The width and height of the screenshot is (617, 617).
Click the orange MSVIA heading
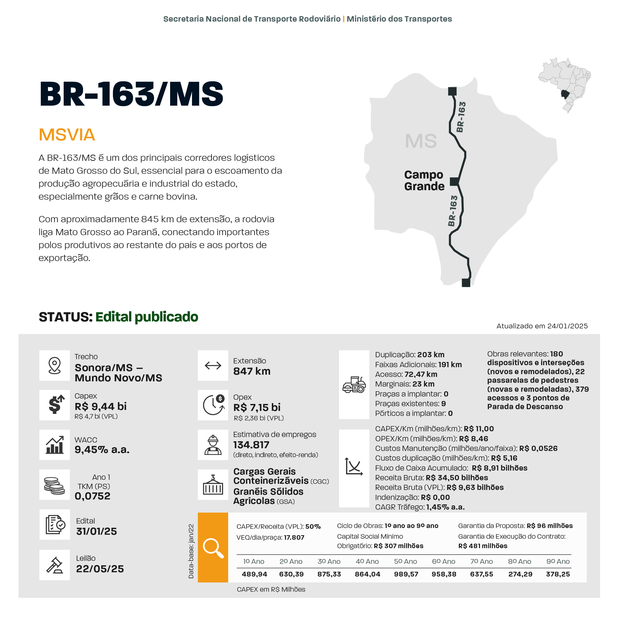coord(67,134)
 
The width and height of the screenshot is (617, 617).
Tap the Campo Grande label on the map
coord(424,180)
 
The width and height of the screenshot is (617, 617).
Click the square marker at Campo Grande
coord(454,181)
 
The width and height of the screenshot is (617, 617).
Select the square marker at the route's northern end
coord(452,91)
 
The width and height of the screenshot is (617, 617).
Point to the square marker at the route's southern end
coord(466,283)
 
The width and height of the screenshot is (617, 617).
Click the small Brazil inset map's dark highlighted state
coord(565,94)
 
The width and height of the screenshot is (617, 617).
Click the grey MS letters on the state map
coord(421,141)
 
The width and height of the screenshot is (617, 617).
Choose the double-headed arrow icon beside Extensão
coord(213,365)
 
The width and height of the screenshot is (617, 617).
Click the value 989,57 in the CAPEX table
coord(406,574)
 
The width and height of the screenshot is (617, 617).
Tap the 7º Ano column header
coord(481,561)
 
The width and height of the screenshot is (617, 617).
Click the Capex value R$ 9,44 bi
coord(101,406)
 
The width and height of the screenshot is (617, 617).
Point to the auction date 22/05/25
coord(100,569)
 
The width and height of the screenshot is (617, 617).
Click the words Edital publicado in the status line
coord(147,317)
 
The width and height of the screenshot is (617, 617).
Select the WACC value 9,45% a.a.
coord(102,450)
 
